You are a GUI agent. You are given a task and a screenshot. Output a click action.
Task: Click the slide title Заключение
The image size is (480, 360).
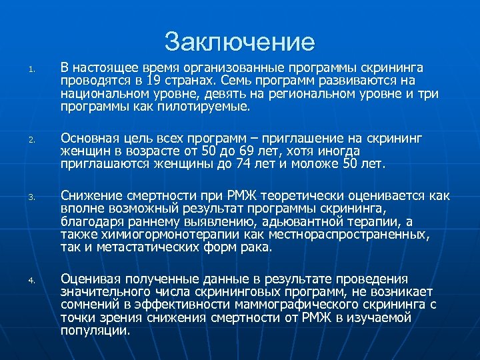tap(239, 42)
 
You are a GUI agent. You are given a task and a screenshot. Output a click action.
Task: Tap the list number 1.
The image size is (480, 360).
tap(31, 69)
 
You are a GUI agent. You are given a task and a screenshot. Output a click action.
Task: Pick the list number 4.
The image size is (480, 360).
tap(31, 281)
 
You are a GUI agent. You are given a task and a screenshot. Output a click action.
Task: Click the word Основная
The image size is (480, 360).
tap(91, 138)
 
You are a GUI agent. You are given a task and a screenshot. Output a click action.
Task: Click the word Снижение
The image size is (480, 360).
tap(90, 196)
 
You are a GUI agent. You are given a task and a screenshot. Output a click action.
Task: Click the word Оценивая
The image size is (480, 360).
tap(91, 279)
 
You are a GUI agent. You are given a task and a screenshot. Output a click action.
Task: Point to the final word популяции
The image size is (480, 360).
tap(95, 330)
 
